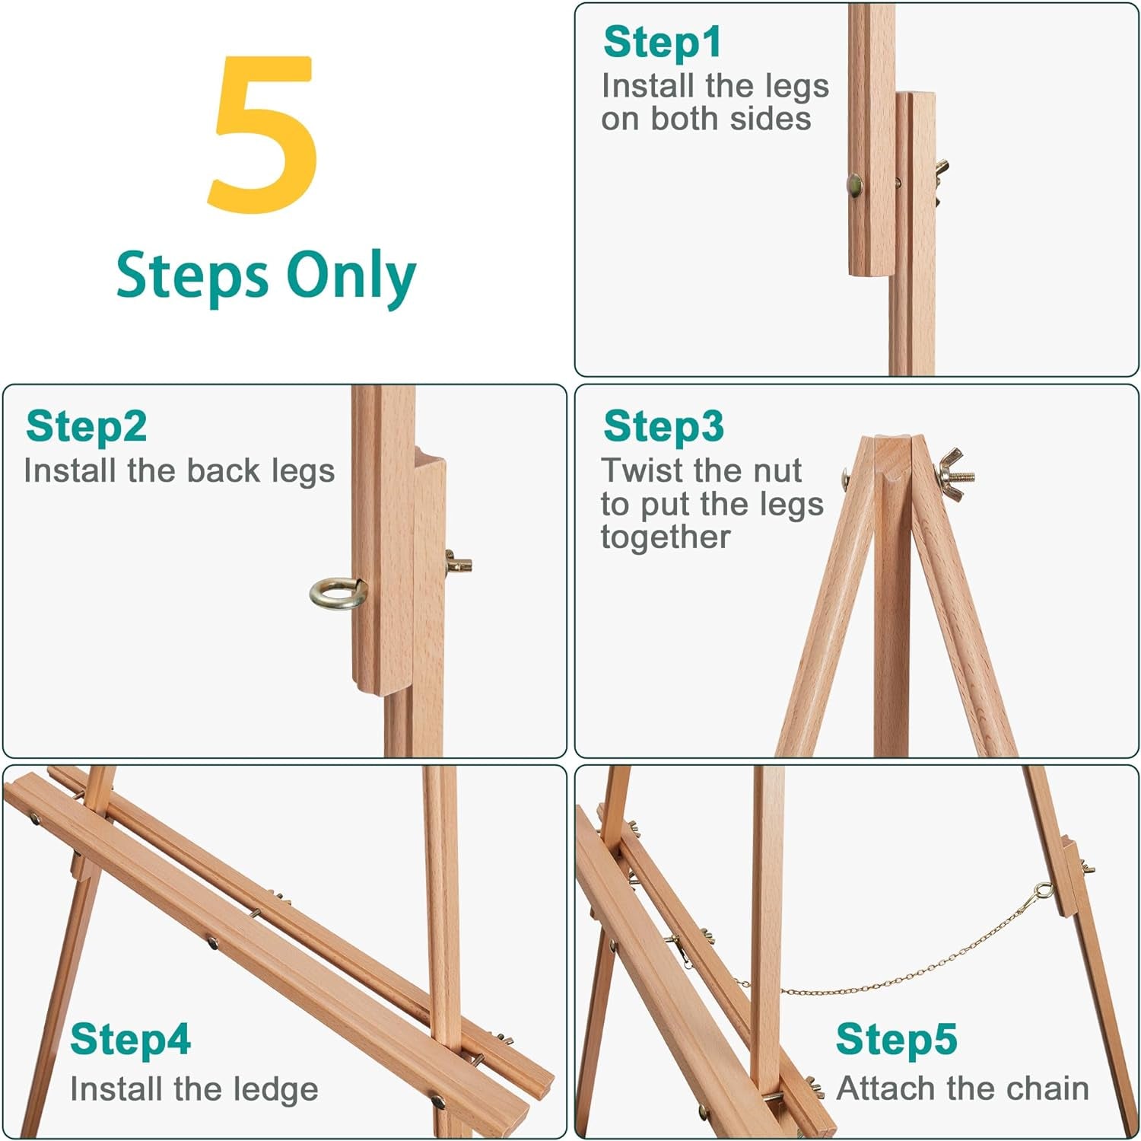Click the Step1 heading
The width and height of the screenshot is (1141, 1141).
pos(661,42)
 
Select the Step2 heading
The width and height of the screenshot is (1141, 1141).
pos(86,426)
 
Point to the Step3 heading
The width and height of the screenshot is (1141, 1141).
pos(663,426)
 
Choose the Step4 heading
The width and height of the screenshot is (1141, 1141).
pos(130,1040)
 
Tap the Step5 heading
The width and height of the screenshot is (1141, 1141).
pos(896,1040)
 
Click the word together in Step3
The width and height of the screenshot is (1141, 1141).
pos(666,537)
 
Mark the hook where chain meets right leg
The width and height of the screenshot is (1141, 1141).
pos(1044,891)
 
